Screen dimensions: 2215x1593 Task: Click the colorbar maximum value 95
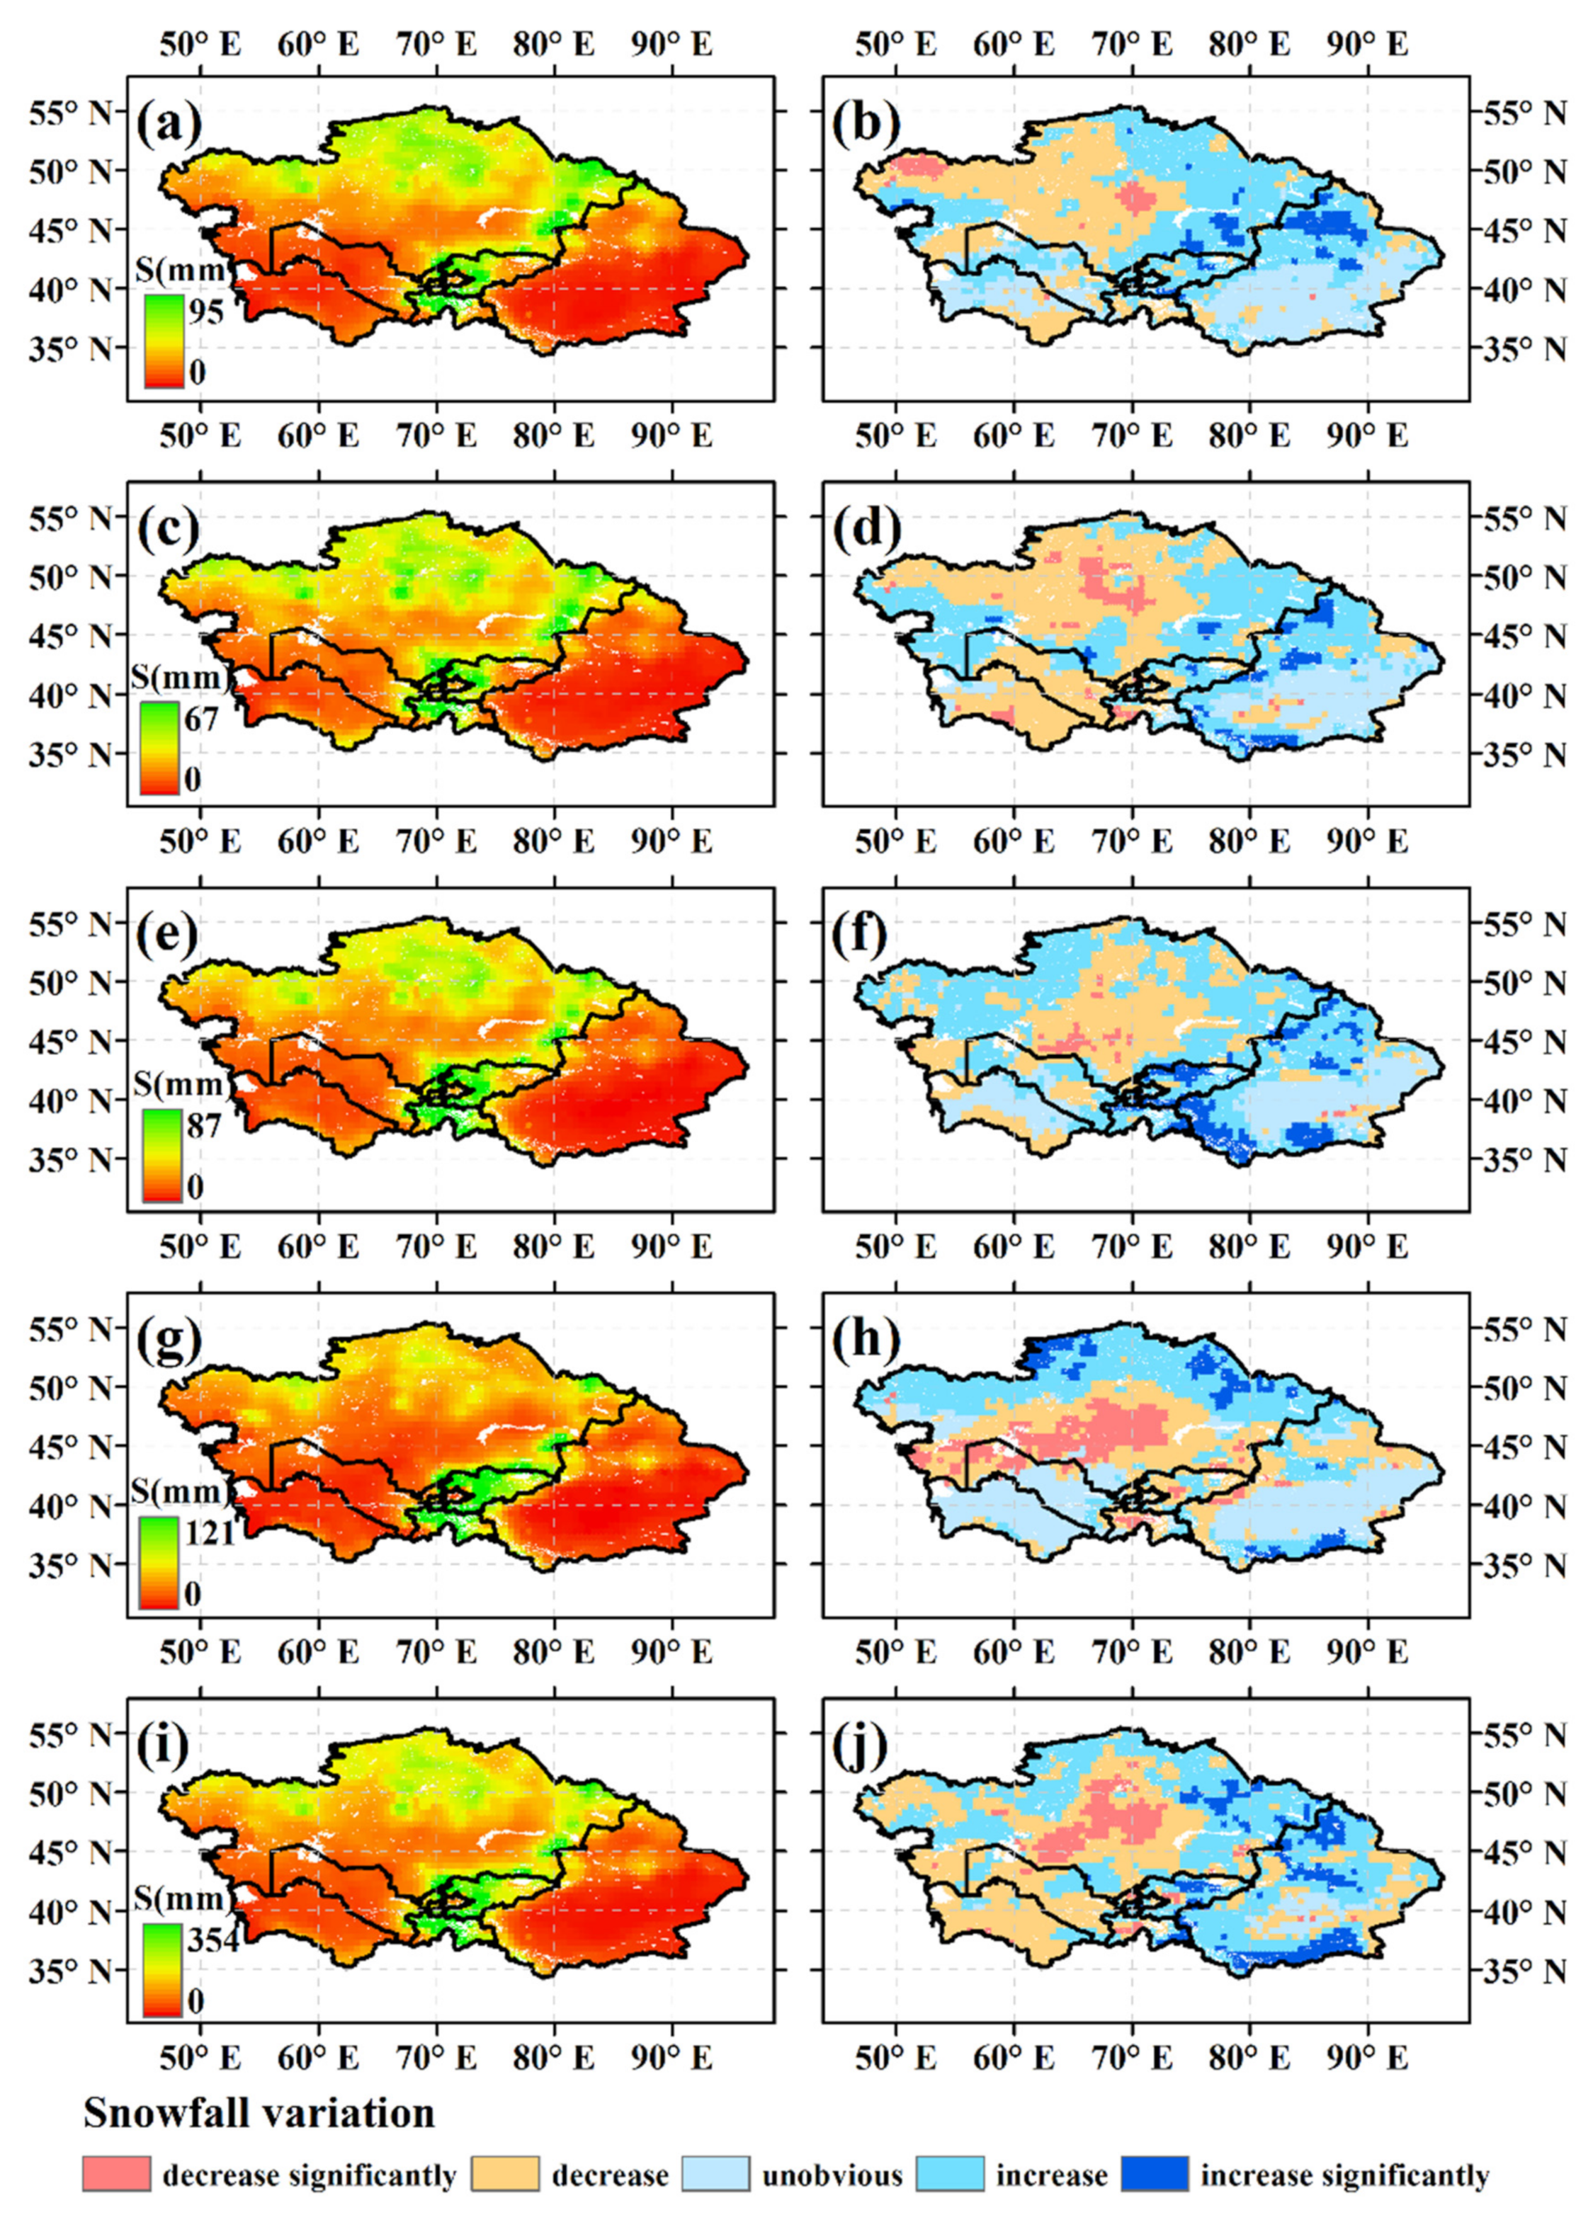206,312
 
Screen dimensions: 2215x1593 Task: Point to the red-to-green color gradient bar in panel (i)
162,1967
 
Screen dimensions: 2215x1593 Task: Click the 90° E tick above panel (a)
671,44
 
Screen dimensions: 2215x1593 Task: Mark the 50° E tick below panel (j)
895,2058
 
